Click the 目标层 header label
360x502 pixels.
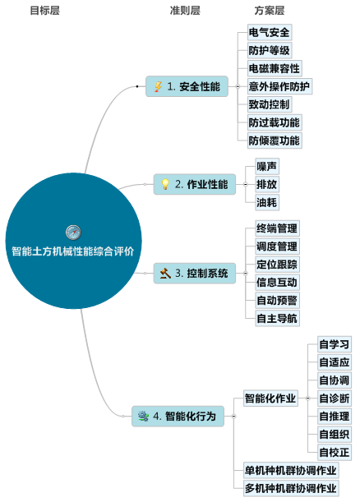tap(45, 11)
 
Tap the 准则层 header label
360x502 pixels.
tap(185, 11)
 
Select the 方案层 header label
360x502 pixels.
tap(270, 11)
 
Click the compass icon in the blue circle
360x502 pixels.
tap(73, 233)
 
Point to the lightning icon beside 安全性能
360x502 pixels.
tap(159, 87)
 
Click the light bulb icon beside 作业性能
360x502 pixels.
tap(165, 184)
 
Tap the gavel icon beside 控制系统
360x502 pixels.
tap(165, 273)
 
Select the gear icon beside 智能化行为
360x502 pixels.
tap(143, 416)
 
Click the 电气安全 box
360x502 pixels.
tap(270, 32)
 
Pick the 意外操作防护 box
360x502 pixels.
tap(279, 86)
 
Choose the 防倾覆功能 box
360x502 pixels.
tap(275, 140)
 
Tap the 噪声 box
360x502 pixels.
tap(267, 166)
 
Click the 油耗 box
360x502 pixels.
tap(267, 202)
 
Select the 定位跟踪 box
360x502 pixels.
tap(277, 265)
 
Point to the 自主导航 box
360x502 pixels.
tap(277, 318)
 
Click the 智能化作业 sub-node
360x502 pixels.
tap(270, 398)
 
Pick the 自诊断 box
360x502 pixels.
tap(335, 398)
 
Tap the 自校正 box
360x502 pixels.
tap(335, 453)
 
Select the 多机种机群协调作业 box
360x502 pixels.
tap(291, 488)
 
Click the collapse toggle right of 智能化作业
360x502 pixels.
tap(307, 398)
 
